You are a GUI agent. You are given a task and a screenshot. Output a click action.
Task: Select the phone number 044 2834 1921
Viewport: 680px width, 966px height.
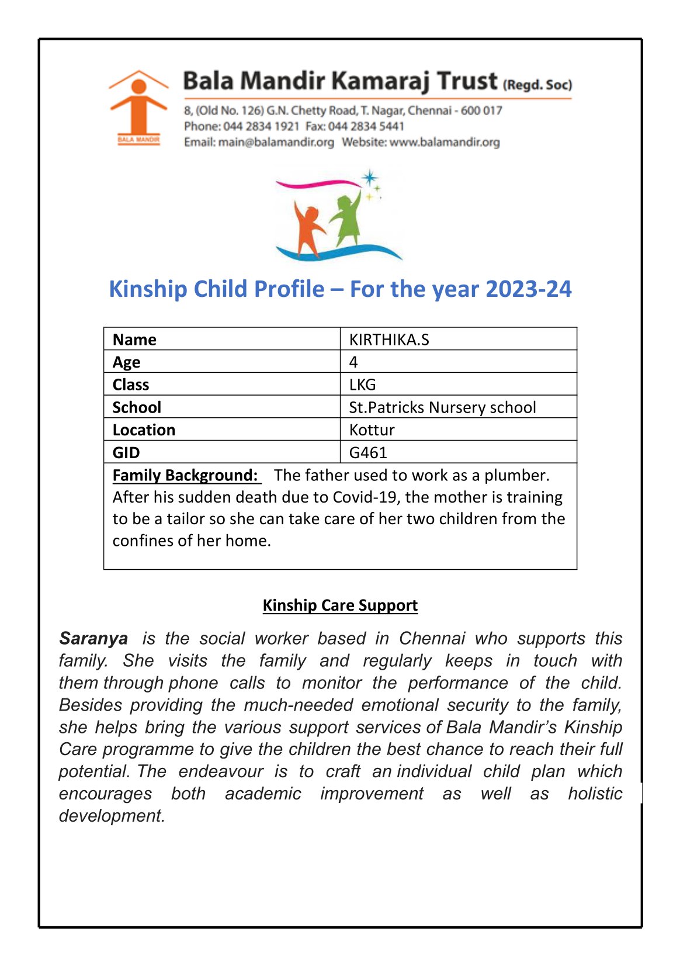[261, 126]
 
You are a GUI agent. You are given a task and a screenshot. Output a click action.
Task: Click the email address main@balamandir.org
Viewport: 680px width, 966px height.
[276, 142]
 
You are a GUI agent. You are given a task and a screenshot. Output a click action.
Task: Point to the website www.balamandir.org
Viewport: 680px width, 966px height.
[445, 142]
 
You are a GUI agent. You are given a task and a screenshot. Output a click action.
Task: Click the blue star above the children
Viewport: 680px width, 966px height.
[369, 177]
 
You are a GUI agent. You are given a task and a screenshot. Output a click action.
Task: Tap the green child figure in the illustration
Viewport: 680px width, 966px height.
[347, 219]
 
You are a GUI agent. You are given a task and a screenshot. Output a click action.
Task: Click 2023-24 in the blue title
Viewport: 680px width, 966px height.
[528, 289]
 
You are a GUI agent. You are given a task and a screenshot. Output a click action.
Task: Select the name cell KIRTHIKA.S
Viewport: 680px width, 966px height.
[389, 340]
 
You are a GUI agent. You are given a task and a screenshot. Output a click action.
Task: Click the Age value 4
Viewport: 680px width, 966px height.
[353, 362]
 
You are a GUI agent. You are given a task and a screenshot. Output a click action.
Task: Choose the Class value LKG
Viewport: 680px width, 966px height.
[362, 385]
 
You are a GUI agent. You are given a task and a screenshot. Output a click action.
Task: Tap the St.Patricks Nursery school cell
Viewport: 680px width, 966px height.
[442, 407]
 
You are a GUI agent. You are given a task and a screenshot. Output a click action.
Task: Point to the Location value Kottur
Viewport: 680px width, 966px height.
[372, 430]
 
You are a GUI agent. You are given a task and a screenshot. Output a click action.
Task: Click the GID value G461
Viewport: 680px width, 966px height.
[368, 452]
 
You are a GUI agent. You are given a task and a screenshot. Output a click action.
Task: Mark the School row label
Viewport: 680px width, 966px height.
[137, 407]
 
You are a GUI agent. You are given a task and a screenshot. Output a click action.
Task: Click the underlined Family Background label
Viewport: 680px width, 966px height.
[185, 475]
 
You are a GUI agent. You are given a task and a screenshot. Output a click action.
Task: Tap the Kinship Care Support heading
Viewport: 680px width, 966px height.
[340, 605]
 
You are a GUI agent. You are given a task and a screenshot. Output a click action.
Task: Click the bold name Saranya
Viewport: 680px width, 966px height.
[93, 638]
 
